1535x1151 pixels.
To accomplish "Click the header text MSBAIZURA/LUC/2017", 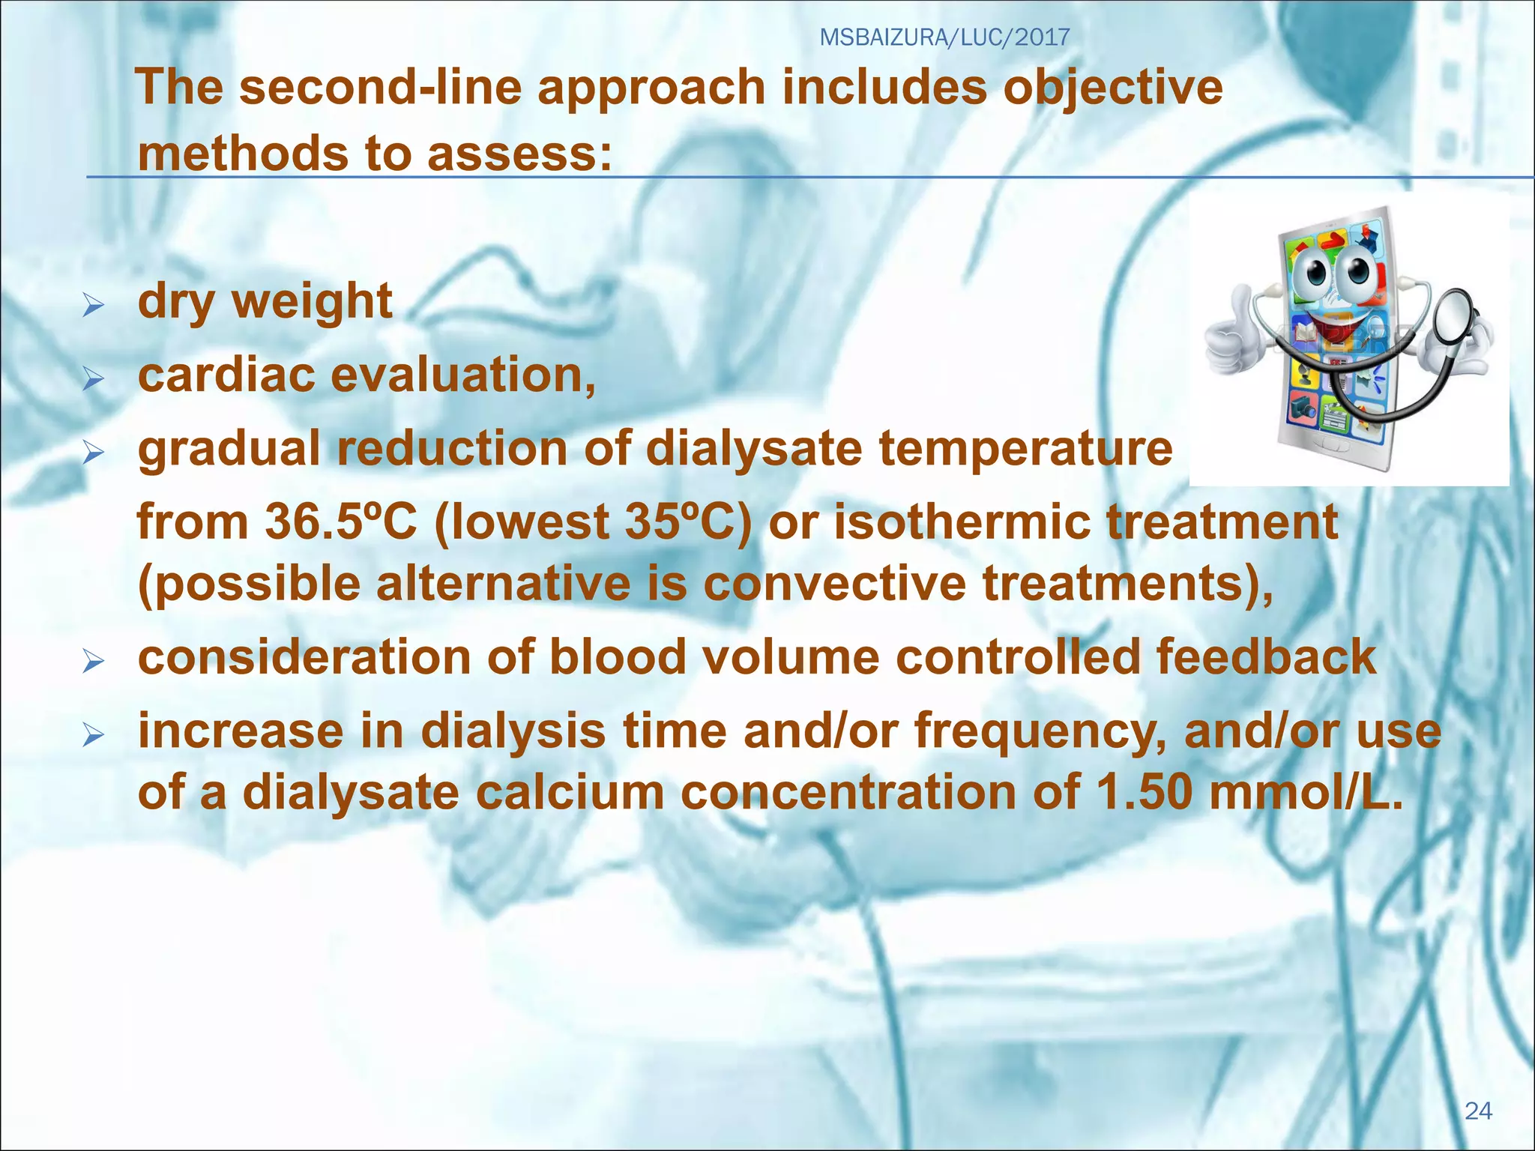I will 944,37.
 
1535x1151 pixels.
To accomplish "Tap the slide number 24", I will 1478,1111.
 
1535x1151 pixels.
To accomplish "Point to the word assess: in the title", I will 519,154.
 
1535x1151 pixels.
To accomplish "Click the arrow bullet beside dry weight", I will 93,305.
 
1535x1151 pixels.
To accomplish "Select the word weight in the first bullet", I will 312,302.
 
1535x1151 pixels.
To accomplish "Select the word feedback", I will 1266,656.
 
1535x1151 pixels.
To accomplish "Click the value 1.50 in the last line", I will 1144,792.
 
